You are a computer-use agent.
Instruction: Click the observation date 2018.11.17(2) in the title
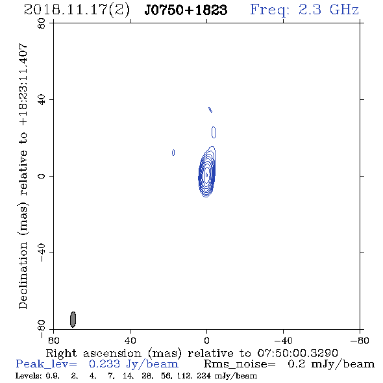coord(77,10)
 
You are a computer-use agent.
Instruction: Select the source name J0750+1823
coord(186,10)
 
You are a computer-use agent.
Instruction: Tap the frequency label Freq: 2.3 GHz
coord(304,10)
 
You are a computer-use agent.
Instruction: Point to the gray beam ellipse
coord(73,319)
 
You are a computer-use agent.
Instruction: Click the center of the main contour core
coord(206,175)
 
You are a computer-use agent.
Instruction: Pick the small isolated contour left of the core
coord(173,153)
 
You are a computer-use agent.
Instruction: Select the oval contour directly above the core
coord(214,132)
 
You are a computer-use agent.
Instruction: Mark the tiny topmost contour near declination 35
coord(210,110)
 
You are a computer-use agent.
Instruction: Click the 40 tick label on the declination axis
coord(42,100)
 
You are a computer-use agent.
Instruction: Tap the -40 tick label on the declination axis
coord(42,253)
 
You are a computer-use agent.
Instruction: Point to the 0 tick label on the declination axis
coord(42,176)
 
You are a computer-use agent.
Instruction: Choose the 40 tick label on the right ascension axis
coord(130,341)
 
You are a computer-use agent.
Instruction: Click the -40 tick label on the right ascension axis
coord(283,341)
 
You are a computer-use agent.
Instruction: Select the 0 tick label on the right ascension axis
coord(206,341)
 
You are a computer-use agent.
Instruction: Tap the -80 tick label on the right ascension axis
coord(360,341)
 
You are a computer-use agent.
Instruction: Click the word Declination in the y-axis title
coord(23,276)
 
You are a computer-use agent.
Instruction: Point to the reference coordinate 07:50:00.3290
coord(297,353)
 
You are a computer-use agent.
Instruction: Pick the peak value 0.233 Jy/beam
coord(133,364)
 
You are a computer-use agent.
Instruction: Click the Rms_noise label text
coord(240,364)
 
